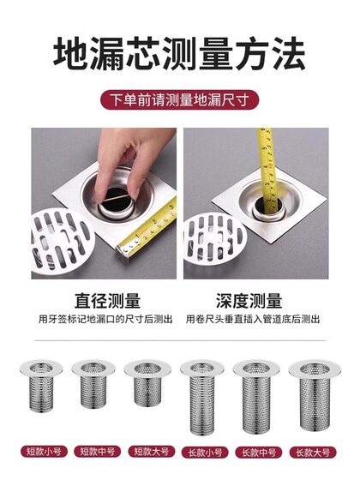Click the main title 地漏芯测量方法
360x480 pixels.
tap(180, 56)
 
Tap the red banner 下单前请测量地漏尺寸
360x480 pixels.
tap(180, 99)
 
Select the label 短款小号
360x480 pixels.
tap(39, 451)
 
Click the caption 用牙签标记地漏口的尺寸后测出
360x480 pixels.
tap(107, 319)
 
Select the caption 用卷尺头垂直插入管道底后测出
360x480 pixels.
tap(249, 319)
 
